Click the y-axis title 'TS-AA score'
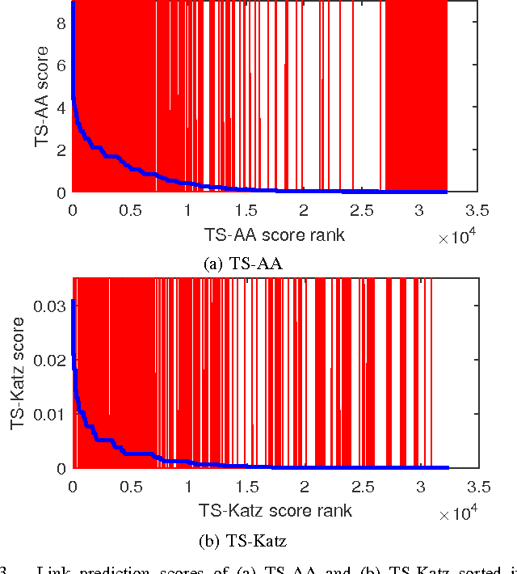(x=42, y=97)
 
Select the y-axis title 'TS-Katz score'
(x=19, y=373)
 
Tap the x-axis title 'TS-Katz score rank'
(x=275, y=510)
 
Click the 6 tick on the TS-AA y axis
(x=62, y=67)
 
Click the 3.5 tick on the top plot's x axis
(x=477, y=211)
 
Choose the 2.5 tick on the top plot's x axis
(x=362, y=211)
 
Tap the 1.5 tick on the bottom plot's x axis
(x=246, y=487)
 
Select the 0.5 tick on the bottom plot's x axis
(x=131, y=487)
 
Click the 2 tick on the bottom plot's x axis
(x=305, y=487)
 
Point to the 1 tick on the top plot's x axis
(x=188, y=211)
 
